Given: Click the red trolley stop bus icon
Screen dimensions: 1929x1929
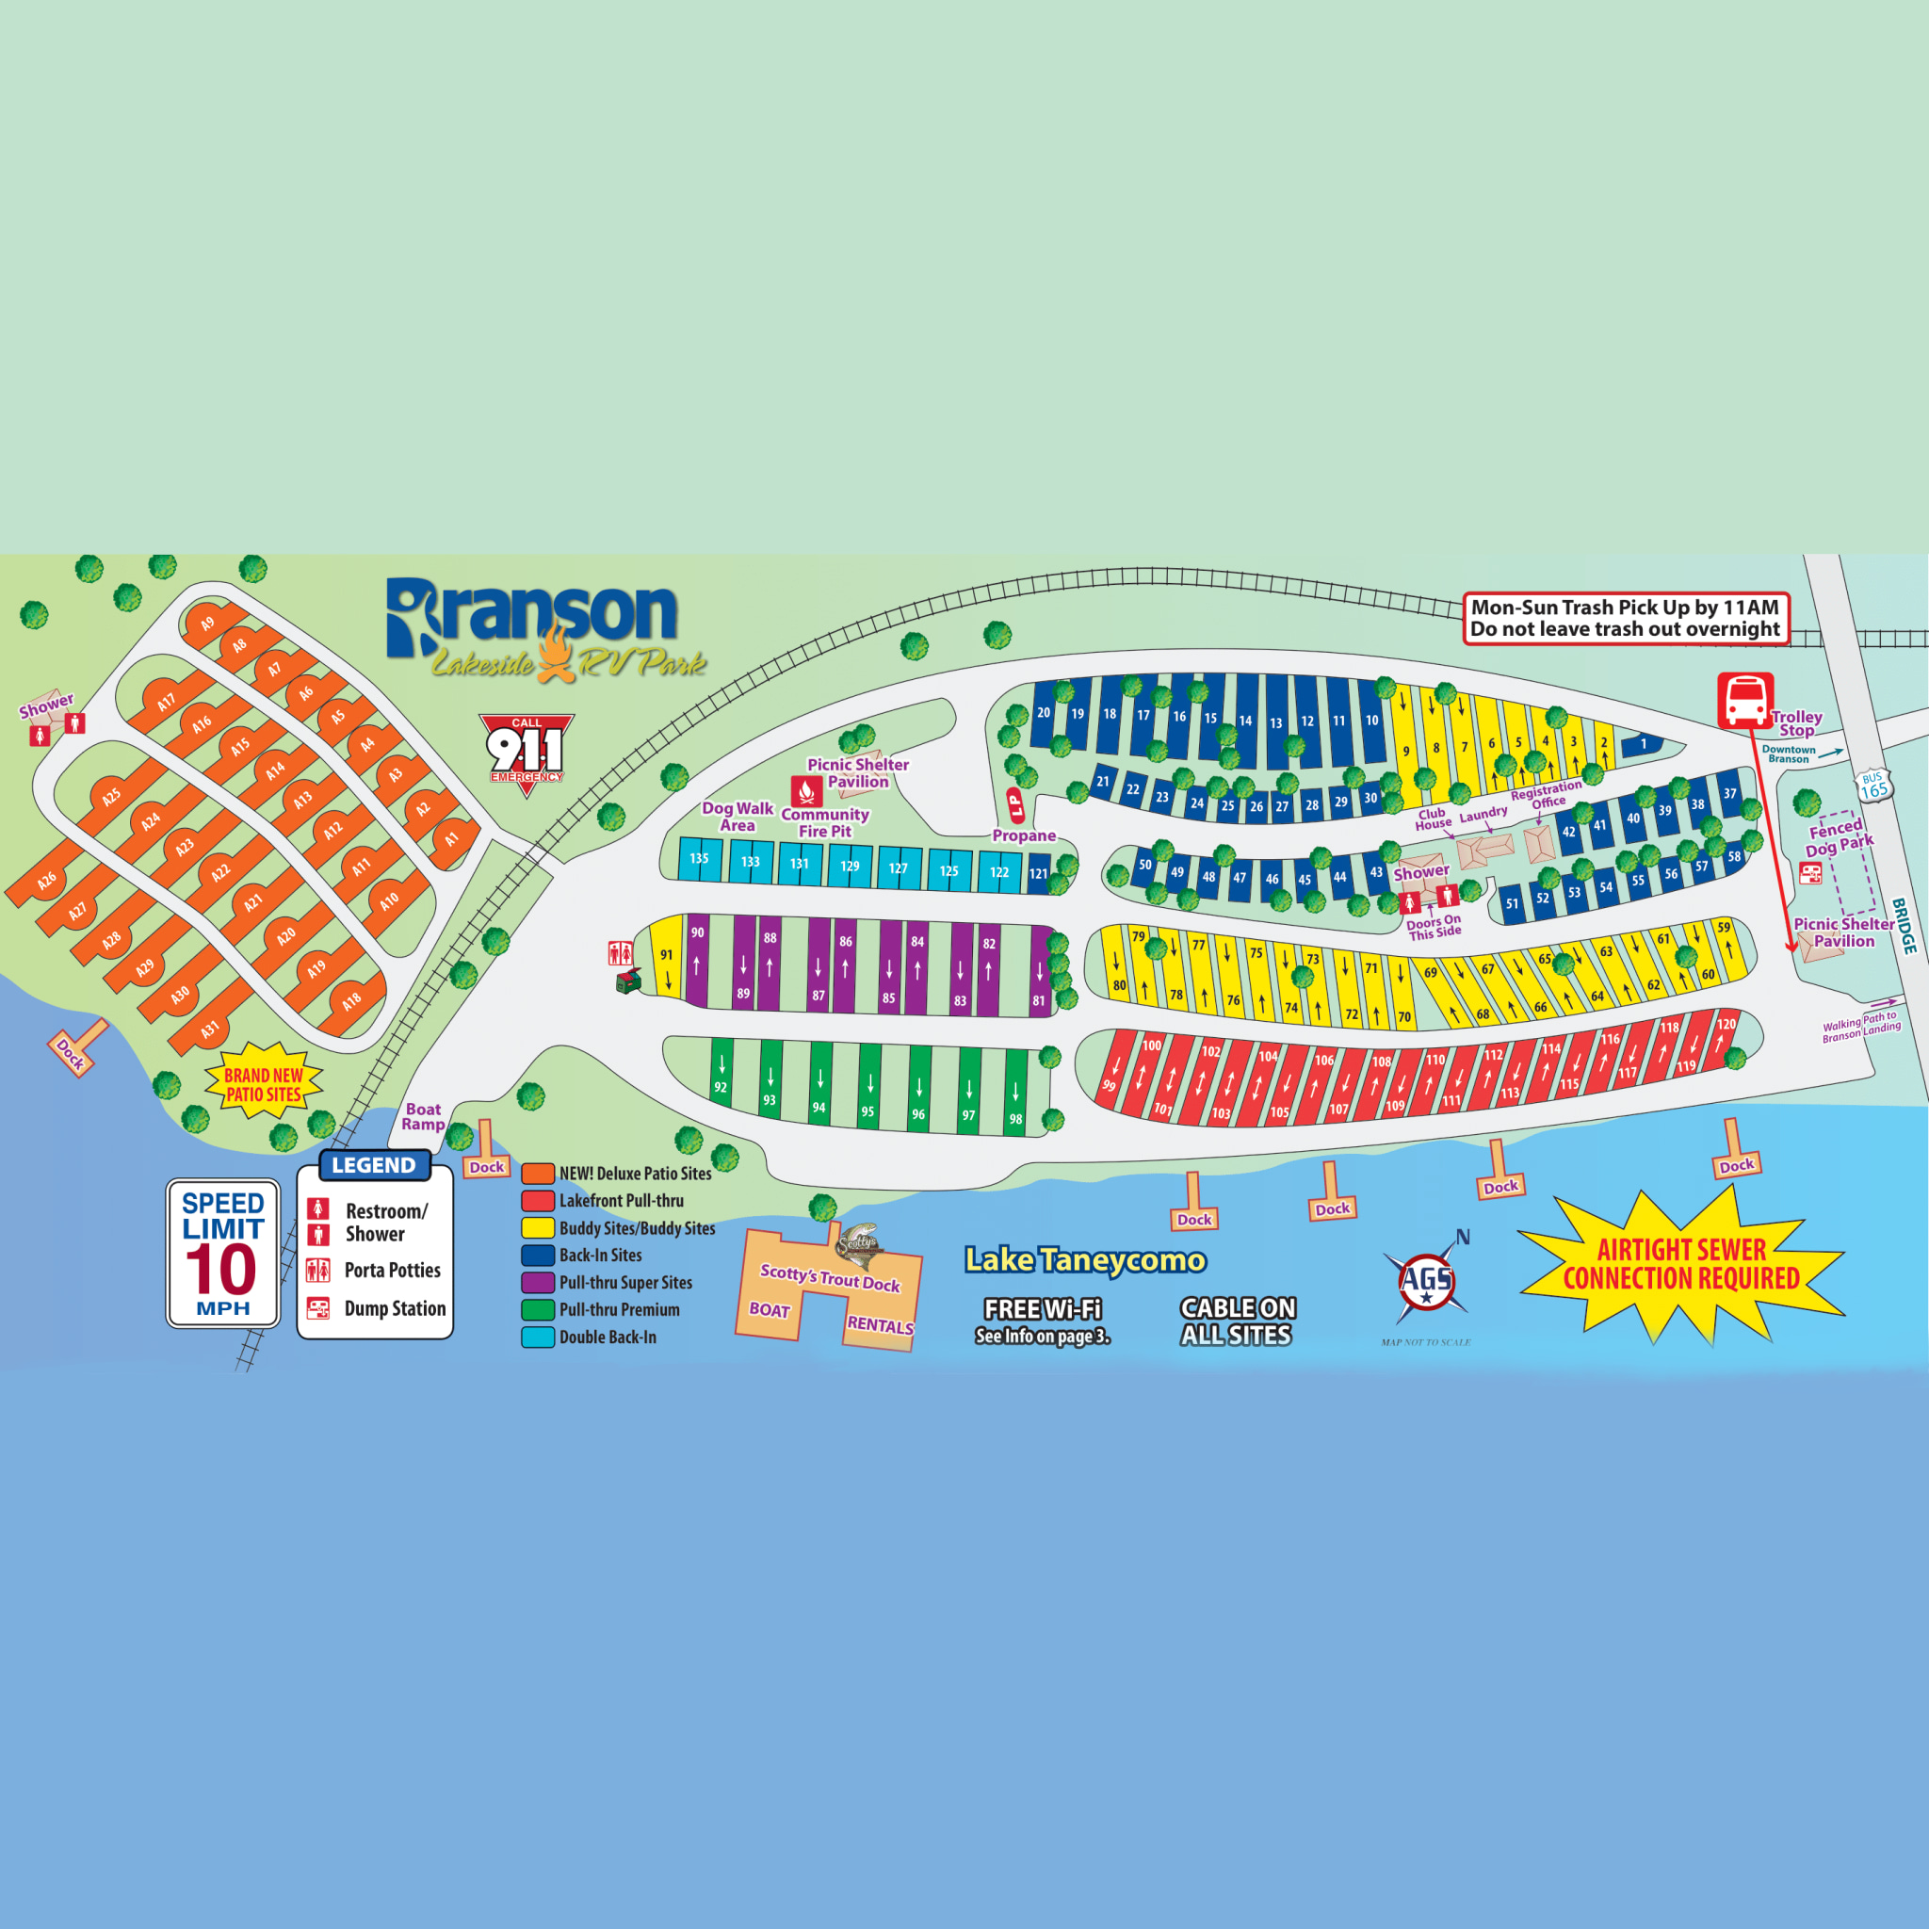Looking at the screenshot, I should click(1745, 700).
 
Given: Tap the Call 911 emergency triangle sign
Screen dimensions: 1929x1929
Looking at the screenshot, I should click(527, 751).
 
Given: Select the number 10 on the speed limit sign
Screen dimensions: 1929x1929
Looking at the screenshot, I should click(221, 1268).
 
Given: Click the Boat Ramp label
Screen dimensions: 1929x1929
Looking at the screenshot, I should click(423, 1116).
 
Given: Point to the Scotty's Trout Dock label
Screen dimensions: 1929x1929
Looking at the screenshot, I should click(830, 1278).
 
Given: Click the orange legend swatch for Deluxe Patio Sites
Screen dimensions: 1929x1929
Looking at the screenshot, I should click(538, 1174).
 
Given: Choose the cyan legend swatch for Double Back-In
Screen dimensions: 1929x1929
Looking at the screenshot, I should click(538, 1337).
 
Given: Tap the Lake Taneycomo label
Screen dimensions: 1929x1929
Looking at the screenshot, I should click(1085, 1260).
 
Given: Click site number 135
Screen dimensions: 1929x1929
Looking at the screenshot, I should click(699, 859).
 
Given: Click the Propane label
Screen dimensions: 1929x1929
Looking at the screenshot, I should click(1024, 835).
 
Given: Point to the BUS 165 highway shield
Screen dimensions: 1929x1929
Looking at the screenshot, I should click(1873, 785).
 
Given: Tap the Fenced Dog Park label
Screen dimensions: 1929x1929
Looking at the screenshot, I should click(1839, 837).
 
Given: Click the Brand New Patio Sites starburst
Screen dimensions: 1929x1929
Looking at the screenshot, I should click(264, 1084).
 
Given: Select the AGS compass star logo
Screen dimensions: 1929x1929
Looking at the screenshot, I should click(1426, 1281).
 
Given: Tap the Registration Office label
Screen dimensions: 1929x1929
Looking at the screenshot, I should click(1547, 795).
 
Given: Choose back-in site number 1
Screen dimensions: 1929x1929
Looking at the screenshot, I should click(1644, 744).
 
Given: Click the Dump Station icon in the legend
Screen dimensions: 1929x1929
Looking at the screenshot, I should click(318, 1308).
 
